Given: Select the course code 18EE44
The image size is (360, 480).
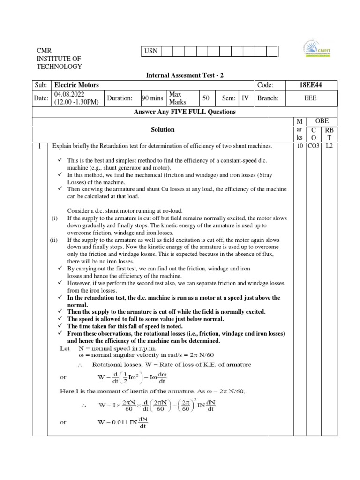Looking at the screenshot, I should (x=310, y=85).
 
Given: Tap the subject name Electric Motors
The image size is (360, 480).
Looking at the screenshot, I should (x=77, y=85).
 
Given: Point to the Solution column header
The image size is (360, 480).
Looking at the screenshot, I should (x=162, y=129).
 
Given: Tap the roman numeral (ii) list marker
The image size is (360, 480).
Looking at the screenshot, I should (x=54, y=240).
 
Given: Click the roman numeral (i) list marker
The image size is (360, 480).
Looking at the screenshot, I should (x=55, y=218).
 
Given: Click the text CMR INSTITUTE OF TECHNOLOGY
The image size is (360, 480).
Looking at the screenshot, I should (x=59, y=59).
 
